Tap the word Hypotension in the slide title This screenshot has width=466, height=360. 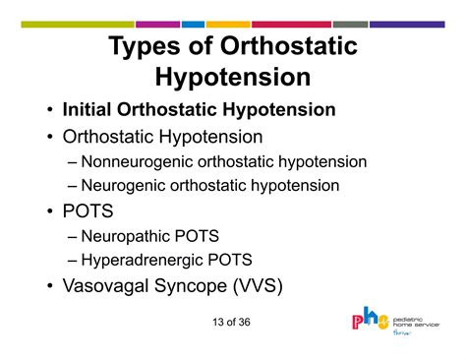[233, 77]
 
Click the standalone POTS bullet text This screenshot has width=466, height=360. [87, 210]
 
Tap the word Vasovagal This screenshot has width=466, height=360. [111, 287]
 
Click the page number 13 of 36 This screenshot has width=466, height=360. [232, 325]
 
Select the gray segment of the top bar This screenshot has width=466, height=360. [349, 24]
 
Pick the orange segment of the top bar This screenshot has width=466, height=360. [228, 24]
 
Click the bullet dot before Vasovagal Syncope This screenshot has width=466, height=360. [50, 288]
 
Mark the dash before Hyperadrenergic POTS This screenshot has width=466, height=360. [75, 260]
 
